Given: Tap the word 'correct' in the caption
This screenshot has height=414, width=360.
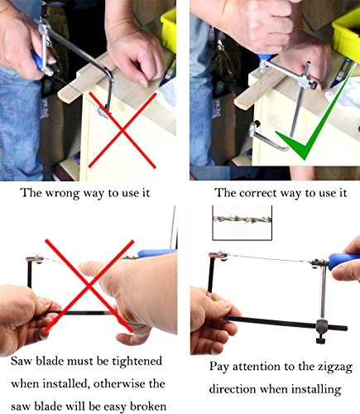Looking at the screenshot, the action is (x=257, y=193).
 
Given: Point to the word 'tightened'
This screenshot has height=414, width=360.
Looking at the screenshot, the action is (x=137, y=361).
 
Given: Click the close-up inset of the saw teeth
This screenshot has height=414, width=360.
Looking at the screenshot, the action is (x=242, y=223).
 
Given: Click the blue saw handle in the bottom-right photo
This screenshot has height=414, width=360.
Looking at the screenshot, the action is (x=343, y=262).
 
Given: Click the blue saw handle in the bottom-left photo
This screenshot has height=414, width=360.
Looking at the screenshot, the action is (x=156, y=253).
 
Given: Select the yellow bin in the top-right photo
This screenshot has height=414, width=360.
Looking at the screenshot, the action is (x=347, y=31).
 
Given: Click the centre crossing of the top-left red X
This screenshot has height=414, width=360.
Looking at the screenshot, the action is (x=122, y=131).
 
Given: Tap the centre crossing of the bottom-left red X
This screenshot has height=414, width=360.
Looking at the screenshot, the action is (x=89, y=286).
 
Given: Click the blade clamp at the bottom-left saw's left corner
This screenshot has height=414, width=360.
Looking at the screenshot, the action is (x=35, y=258).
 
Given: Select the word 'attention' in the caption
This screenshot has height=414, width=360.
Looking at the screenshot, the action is (x=257, y=368).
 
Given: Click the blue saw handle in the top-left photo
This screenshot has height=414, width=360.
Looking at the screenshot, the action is (x=37, y=63).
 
